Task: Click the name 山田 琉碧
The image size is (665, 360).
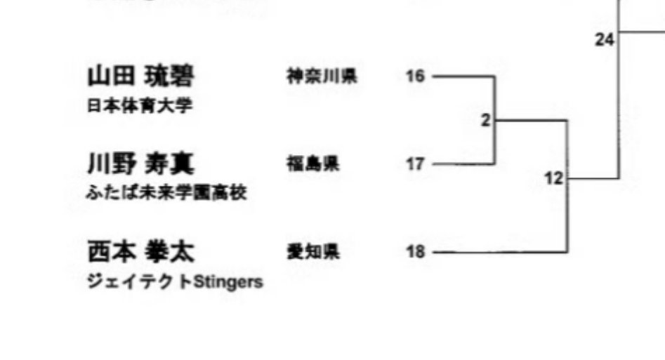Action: point(140,76)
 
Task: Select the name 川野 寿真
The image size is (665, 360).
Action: point(140,164)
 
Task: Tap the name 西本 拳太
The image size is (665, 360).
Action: point(140,251)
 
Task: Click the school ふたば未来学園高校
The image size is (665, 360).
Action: point(166,193)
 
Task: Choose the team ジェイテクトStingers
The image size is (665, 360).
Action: point(175,282)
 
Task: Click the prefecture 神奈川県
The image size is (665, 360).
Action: point(321,76)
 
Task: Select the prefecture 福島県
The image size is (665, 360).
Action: point(312,164)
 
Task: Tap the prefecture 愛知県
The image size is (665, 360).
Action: point(312,251)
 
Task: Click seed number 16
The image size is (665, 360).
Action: point(416,76)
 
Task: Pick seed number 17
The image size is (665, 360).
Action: point(416,164)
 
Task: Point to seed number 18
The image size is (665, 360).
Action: point(416,251)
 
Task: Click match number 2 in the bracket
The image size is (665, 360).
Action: point(485,120)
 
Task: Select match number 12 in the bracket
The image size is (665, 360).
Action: point(553,179)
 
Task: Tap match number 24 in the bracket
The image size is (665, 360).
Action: point(604,40)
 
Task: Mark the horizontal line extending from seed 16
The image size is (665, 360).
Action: point(463,76)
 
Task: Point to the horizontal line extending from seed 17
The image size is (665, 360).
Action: point(463,164)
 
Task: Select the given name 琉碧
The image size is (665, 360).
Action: point(169,76)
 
